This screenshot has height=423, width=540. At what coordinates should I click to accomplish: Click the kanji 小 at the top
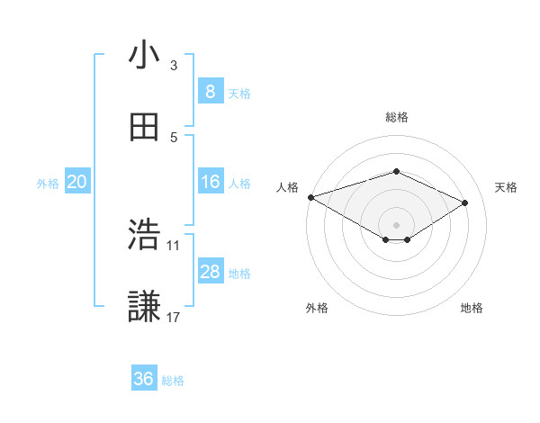(x=144, y=56)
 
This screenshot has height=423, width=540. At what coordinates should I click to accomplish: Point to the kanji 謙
(x=144, y=307)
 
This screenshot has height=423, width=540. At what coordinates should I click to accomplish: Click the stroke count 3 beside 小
(x=174, y=65)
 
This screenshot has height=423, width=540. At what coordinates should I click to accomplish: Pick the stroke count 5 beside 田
(x=174, y=137)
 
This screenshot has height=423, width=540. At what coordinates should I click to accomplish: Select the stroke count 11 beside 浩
(x=174, y=245)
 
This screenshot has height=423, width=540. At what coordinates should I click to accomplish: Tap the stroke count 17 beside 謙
(x=174, y=317)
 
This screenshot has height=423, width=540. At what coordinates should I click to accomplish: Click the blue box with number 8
(x=210, y=91)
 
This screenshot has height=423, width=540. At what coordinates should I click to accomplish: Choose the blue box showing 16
(x=210, y=182)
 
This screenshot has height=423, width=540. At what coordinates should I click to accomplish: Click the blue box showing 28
(x=210, y=272)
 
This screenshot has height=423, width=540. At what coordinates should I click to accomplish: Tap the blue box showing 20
(x=77, y=182)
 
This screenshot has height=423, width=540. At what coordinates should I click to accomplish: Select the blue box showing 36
(x=144, y=379)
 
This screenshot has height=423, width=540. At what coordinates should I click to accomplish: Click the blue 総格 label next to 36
(x=174, y=381)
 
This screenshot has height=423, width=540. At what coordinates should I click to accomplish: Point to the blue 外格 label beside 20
(x=48, y=184)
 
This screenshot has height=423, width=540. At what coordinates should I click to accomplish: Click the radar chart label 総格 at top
(x=396, y=117)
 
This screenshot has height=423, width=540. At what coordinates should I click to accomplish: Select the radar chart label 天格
(x=506, y=187)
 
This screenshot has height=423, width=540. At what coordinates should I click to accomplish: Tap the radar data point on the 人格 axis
(x=310, y=196)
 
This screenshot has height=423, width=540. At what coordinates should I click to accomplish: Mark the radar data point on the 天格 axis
(x=465, y=202)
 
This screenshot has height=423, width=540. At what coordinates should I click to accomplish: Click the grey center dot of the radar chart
(x=396, y=224)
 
